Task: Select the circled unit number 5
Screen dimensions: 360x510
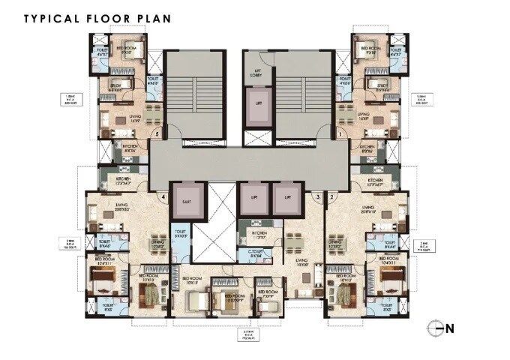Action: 157,134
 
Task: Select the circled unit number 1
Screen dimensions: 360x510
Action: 340,134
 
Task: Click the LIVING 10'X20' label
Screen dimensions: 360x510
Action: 302,264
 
